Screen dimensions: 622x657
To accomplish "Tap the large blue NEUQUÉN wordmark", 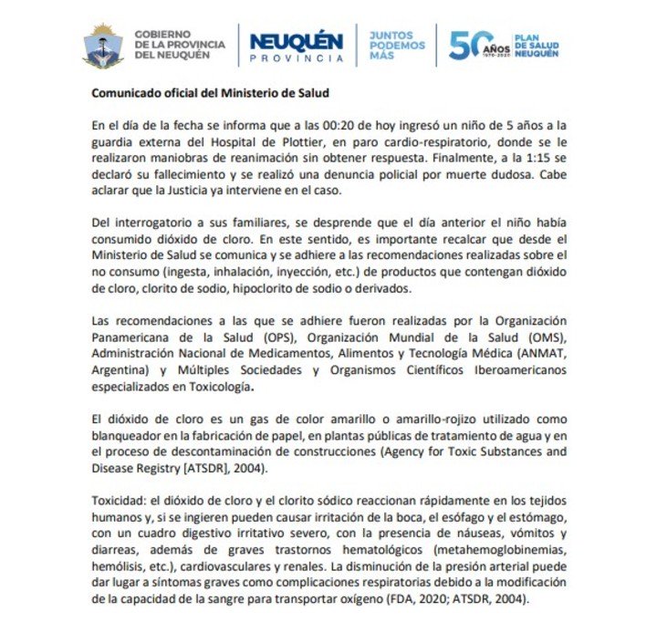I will [296, 41].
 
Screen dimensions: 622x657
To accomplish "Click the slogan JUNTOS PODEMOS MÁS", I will [397, 45].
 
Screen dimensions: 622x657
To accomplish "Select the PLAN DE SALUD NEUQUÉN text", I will [537, 45].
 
